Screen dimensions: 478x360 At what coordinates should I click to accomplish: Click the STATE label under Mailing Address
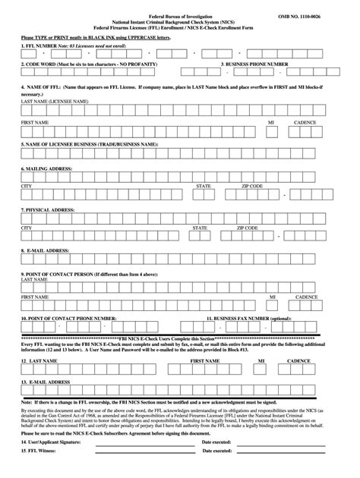pos(204,185)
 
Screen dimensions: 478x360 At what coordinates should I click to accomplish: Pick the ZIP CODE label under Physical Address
pos(247,227)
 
